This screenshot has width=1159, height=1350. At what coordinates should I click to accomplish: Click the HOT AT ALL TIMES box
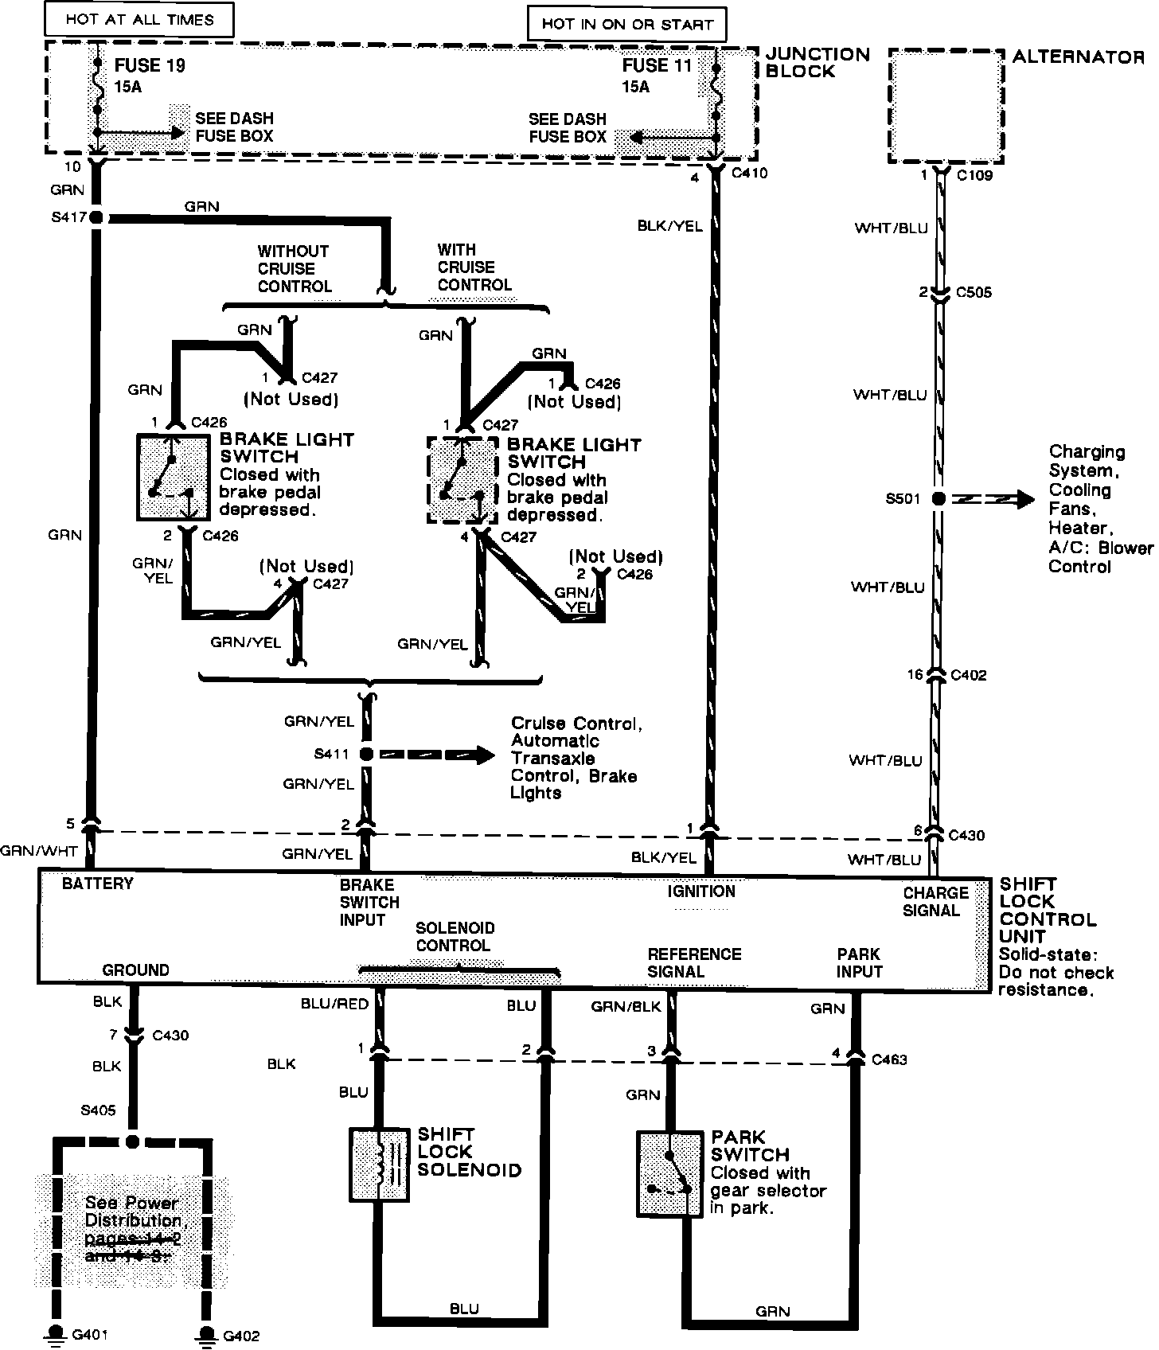coord(139,20)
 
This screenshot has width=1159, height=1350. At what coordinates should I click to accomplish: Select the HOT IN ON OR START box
coord(626,24)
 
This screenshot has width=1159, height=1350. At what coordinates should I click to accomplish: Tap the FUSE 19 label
coord(150,66)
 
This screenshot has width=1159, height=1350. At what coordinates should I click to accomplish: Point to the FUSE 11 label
coord(657,66)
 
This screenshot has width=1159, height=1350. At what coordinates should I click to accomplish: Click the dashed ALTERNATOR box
coord(945,107)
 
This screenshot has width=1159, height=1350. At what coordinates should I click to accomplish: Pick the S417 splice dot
coord(97,217)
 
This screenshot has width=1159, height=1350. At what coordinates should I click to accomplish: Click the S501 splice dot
coord(939,499)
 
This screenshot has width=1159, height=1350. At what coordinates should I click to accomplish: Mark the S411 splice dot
coord(366,753)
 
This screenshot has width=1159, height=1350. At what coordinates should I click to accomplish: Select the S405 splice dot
coord(133,1141)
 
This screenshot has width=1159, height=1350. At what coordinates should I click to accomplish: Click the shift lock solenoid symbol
coord(380,1163)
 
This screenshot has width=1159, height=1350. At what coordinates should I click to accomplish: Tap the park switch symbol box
coord(669,1173)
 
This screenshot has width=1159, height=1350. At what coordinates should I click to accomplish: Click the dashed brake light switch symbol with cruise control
coord(462,479)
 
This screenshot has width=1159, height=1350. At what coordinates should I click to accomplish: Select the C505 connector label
coord(974,292)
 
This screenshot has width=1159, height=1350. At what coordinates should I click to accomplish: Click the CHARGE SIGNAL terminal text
coord(935,901)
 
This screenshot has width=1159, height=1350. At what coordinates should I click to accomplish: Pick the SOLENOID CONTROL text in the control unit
coord(455,937)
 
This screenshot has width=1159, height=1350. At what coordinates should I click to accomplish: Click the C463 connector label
coord(889,1059)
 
